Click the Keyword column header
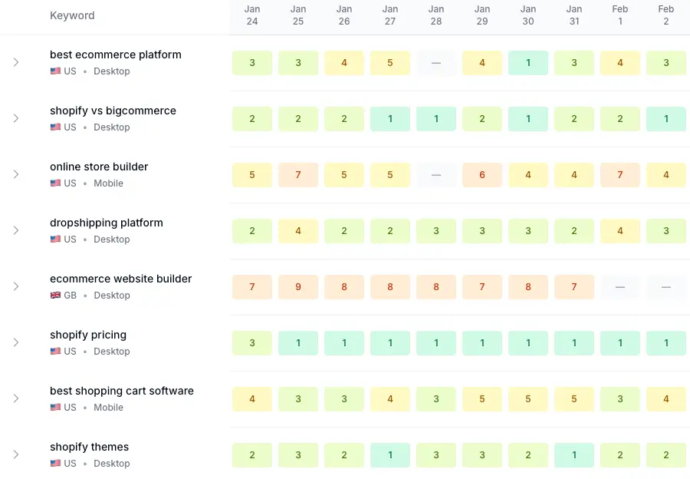pos(72,15)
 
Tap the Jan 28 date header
pos(436,15)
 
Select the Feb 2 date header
pos(666,15)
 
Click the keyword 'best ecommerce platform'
pos(116,55)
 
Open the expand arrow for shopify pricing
pos(15,342)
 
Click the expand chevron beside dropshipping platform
pos(15,230)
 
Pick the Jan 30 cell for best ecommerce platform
pos(528,63)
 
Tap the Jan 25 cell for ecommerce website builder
pos(298,287)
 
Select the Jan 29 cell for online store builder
pos(482,175)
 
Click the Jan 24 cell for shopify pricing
pos(252,343)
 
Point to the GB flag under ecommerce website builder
pos(55,296)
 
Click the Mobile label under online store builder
pos(108,183)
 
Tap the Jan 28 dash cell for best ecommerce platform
pos(436,63)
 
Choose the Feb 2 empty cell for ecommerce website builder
pos(666,287)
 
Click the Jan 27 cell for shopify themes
pos(390,455)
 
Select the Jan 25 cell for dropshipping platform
pos(298,231)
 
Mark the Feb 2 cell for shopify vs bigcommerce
pos(666,119)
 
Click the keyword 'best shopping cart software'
pos(122,391)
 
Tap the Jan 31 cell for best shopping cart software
pos(574,399)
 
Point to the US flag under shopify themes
pos(55,464)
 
